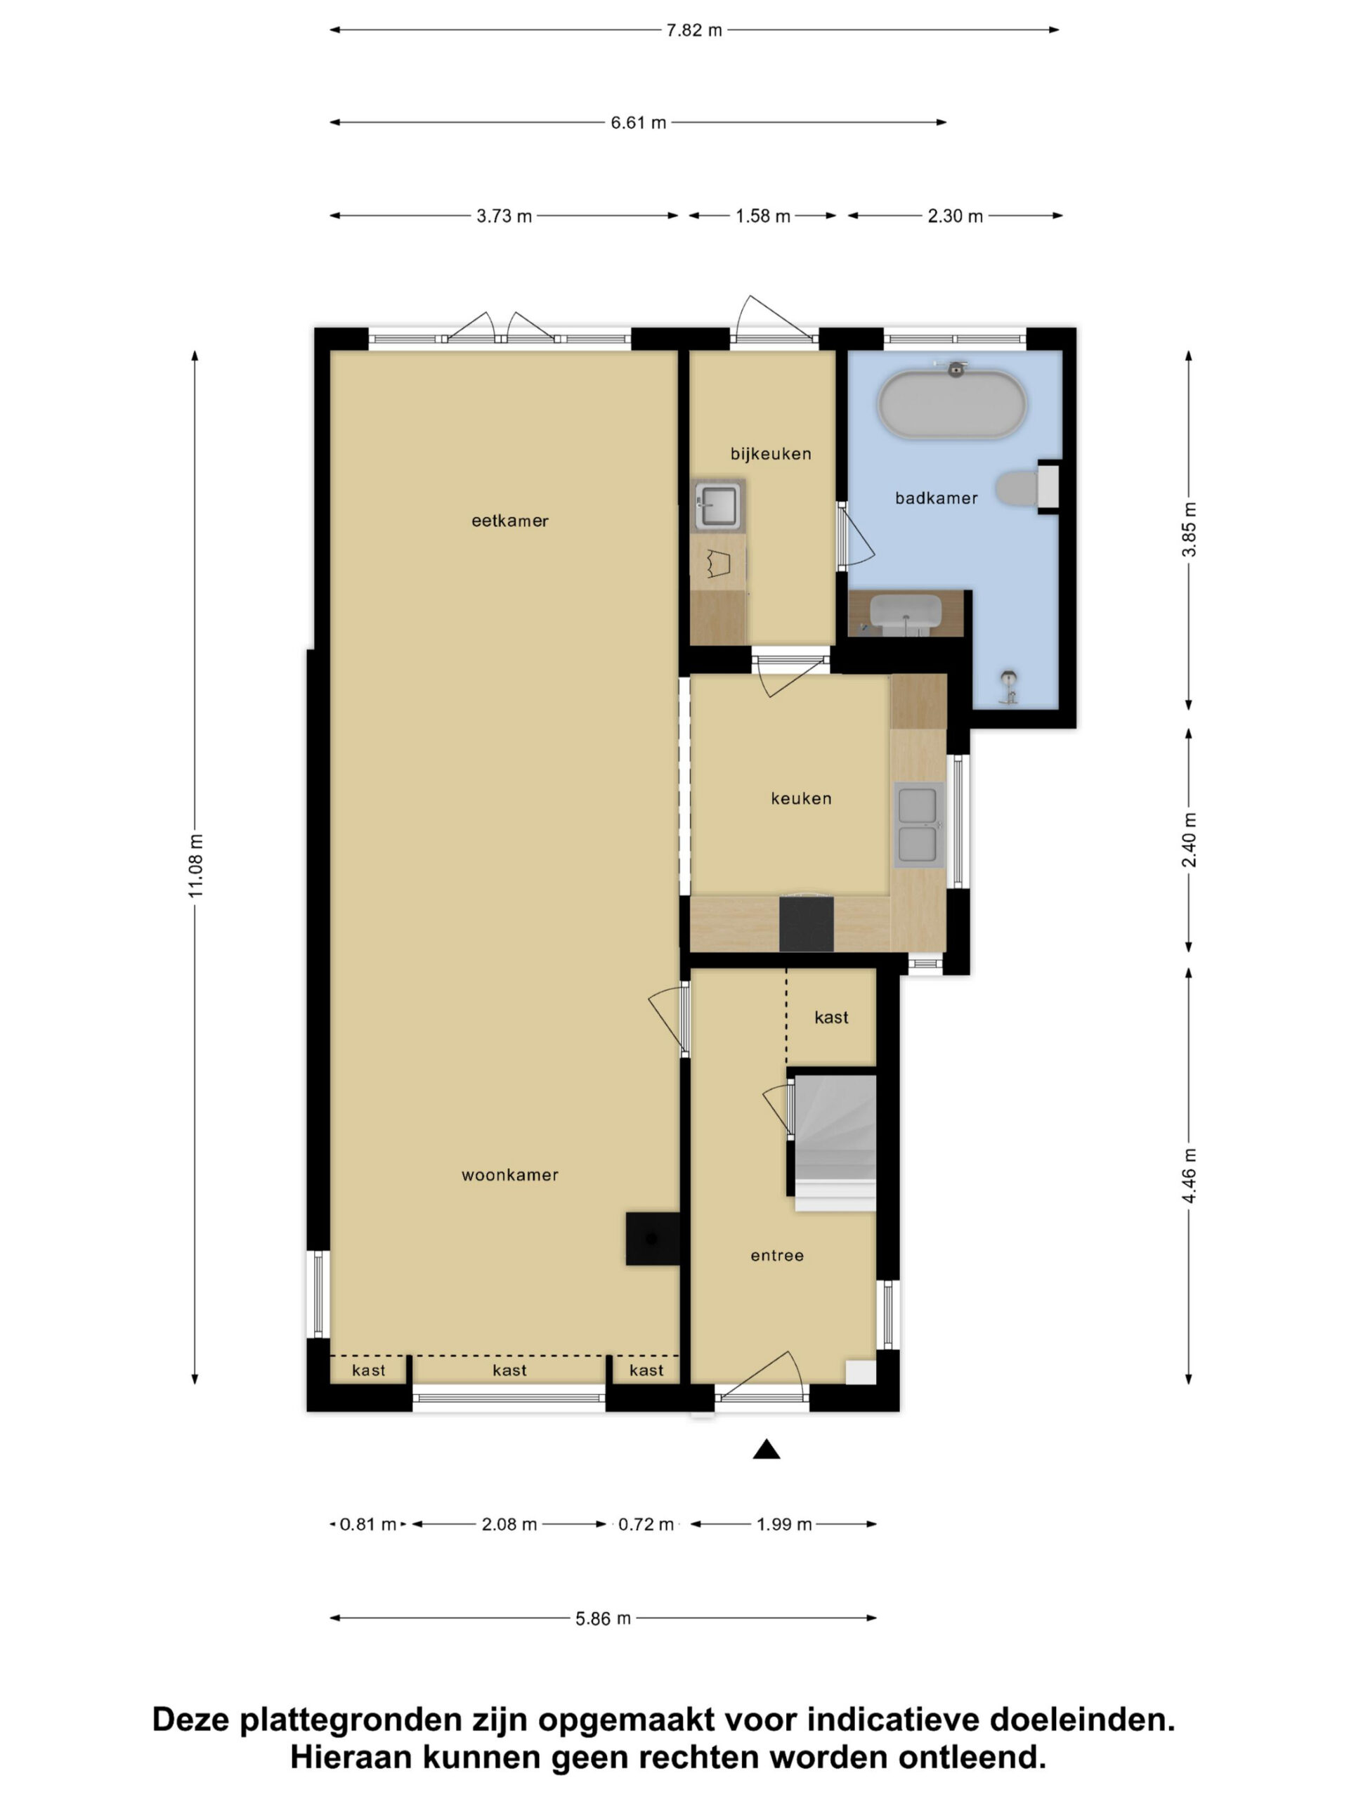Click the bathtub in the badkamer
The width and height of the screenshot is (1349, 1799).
tap(952, 404)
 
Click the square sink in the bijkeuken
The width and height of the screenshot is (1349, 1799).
tap(718, 505)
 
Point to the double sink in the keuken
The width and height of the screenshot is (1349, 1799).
tap(918, 824)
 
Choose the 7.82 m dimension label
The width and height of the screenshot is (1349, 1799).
tap(693, 31)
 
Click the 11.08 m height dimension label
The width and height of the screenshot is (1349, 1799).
tap(196, 866)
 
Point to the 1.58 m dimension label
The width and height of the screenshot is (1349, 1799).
tap(763, 216)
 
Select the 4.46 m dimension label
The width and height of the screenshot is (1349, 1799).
tap(1189, 1175)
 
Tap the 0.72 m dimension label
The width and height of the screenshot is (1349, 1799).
tap(646, 1524)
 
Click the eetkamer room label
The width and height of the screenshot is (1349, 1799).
tap(510, 521)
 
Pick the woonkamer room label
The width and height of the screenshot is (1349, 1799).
tap(510, 1174)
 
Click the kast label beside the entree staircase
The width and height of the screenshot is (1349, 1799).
tap(831, 1018)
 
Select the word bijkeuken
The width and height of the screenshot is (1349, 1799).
tap(771, 454)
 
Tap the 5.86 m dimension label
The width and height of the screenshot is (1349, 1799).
tap(604, 1618)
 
